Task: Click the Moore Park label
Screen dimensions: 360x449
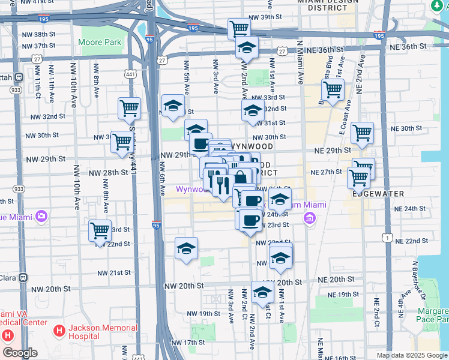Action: pos(100,43)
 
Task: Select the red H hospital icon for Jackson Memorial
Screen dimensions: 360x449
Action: pos(59,330)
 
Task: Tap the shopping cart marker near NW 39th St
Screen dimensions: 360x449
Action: pos(239,28)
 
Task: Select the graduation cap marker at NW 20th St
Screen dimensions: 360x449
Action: pos(262,292)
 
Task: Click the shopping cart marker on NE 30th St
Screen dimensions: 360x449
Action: pos(362,133)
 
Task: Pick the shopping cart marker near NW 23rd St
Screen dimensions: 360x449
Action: pos(100,230)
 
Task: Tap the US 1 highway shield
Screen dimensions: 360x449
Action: pos(389,238)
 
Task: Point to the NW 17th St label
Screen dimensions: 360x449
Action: pos(183,343)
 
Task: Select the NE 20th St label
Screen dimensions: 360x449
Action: pos(336,280)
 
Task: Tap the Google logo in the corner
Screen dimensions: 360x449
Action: pos(20,353)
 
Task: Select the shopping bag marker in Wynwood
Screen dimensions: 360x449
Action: pos(240,178)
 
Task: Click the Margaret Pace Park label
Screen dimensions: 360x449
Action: pos(434,316)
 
